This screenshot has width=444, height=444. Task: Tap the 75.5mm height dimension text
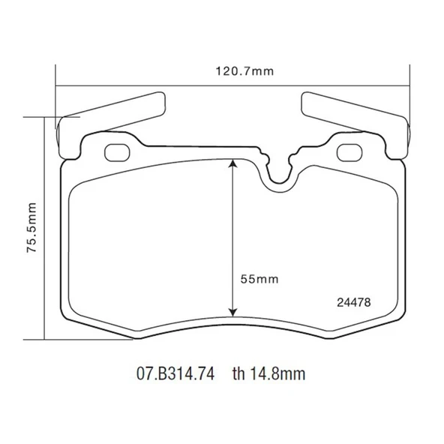click(x=31, y=229)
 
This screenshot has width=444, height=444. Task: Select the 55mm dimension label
click(x=259, y=278)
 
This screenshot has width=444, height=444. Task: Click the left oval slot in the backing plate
click(x=118, y=152)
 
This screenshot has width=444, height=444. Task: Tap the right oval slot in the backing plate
click(x=349, y=152)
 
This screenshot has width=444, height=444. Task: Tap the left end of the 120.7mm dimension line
click(x=57, y=84)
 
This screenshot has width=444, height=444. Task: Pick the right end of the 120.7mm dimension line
click(x=410, y=84)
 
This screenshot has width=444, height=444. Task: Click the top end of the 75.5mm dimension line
click(x=46, y=117)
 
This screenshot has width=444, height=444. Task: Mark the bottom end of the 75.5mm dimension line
click(x=46, y=339)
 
